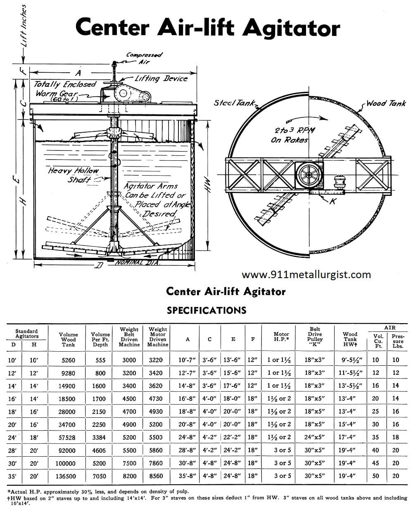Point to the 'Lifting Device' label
tap(161, 79)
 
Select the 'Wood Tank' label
tap(386, 103)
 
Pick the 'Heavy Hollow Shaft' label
tap(74, 175)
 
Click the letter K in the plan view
tap(332, 201)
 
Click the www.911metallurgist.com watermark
tap(306, 275)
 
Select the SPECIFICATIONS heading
tap(206, 310)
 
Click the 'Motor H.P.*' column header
tap(281, 337)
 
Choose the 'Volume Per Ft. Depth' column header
tap(100, 339)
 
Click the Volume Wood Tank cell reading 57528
tap(69, 437)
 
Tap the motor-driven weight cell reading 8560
tap(156, 476)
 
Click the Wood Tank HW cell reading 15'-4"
tap(350, 424)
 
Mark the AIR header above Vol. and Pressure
tap(389, 327)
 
